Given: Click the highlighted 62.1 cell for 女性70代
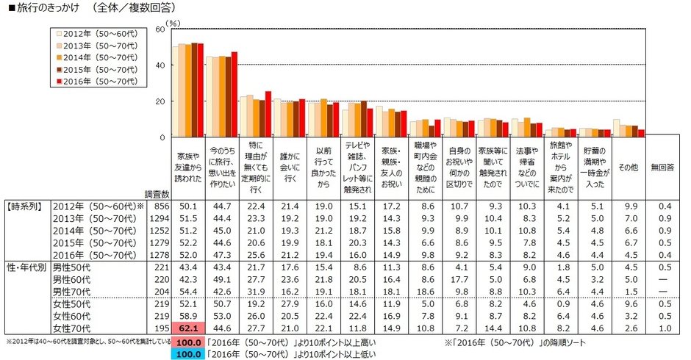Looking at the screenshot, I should (187, 328).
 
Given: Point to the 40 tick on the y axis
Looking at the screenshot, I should (160, 65).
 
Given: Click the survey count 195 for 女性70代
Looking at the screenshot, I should (162, 328).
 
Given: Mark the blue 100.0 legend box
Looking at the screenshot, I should (187, 353).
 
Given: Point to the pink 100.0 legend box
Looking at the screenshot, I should (187, 342).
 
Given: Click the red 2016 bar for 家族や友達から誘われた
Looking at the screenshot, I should (200, 90).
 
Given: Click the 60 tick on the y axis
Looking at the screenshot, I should (160, 29).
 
